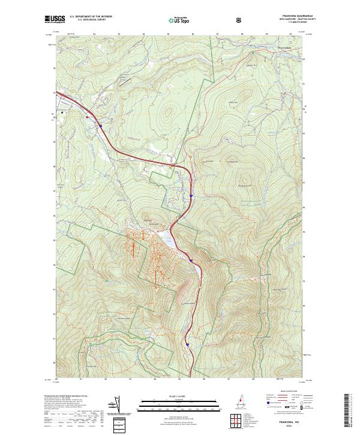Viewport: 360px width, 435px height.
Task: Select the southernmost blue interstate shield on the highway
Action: [188, 345]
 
